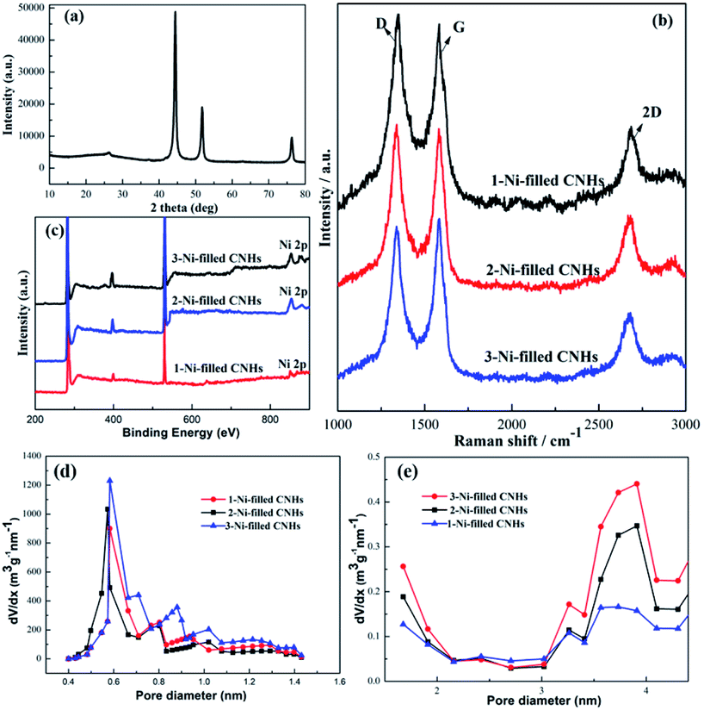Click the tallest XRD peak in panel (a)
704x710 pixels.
click(x=176, y=13)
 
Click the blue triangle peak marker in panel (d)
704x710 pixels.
click(x=109, y=481)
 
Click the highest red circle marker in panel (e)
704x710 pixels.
click(x=637, y=483)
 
